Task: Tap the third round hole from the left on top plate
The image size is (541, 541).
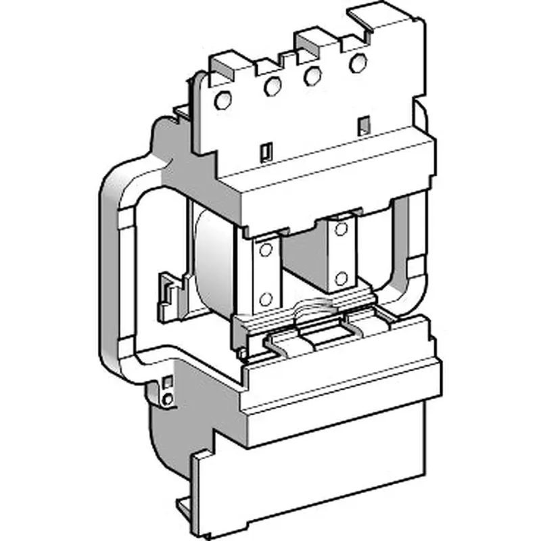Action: (x=312, y=76)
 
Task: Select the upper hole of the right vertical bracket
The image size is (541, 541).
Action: (x=340, y=226)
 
